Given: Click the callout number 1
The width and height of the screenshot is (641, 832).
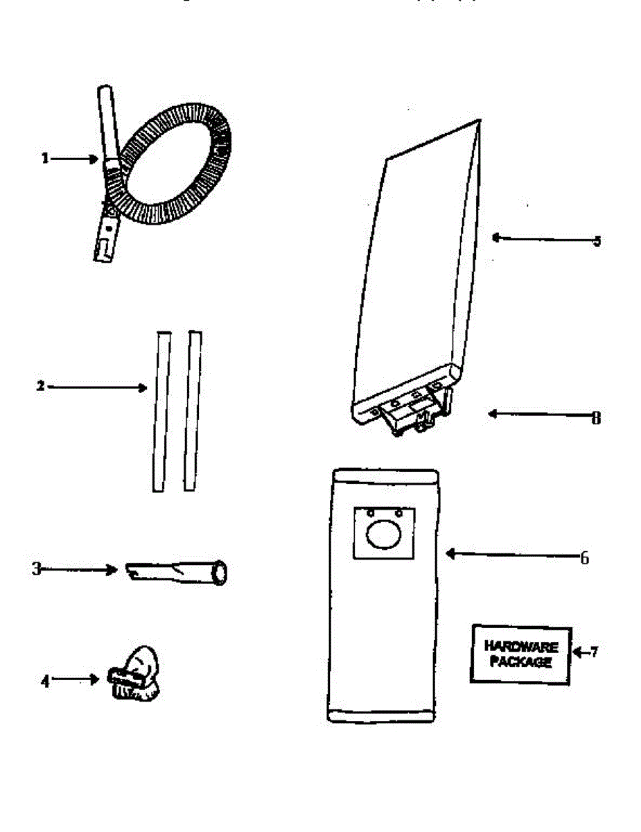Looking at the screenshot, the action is tap(45, 159).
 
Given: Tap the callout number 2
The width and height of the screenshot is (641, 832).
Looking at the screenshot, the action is tap(40, 386).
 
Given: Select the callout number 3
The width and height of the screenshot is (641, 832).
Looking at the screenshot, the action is tap(36, 569).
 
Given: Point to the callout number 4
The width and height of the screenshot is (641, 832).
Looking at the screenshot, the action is tap(45, 680).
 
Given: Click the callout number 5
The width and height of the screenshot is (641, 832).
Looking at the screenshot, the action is tap(597, 241).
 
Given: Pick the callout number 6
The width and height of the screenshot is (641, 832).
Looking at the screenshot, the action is tap(584, 557).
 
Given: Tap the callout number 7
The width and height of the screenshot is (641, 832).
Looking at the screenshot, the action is tap(593, 652).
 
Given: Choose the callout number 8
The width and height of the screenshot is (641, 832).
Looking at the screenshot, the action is tap(596, 418).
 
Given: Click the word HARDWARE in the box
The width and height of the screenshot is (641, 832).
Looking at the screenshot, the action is tap(521, 647).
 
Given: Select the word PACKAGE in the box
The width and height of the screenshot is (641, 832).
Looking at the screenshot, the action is tap(521, 662).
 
